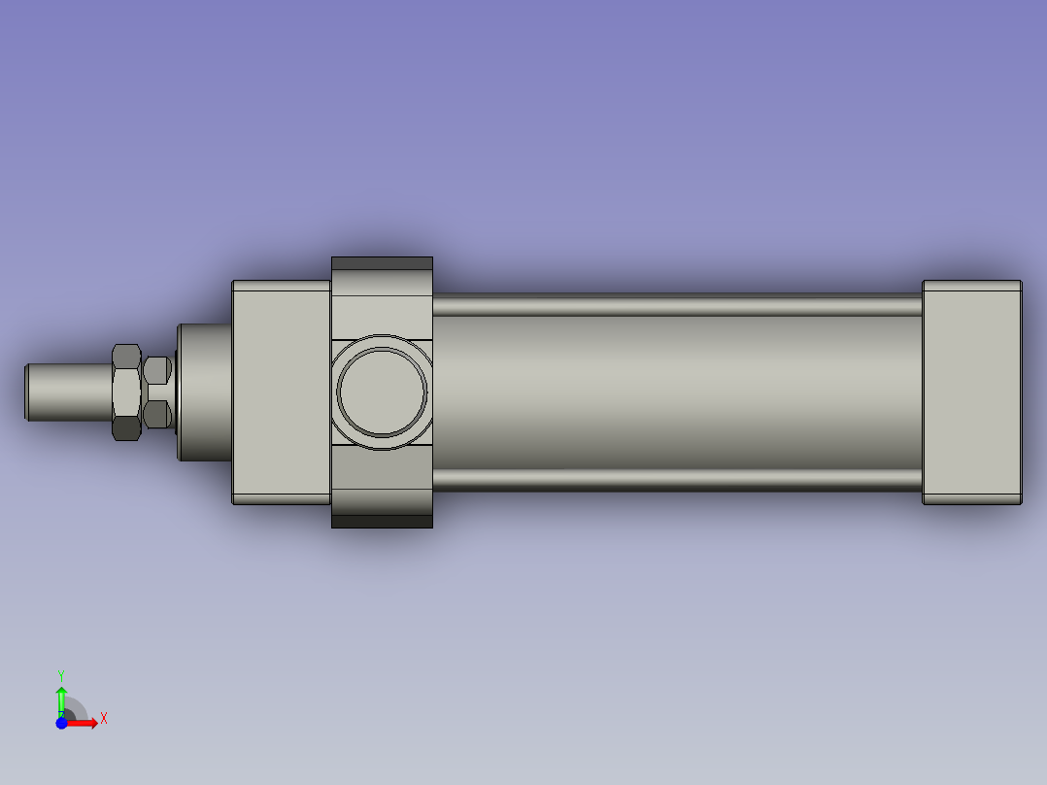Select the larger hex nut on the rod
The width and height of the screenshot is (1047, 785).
pyautogui.click(x=126, y=392)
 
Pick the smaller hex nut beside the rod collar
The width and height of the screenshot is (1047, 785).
pyautogui.click(x=157, y=392)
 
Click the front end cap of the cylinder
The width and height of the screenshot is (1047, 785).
pyautogui.click(x=281, y=392)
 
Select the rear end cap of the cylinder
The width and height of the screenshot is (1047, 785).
pyautogui.click(x=971, y=392)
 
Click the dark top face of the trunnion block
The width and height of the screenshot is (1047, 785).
pyautogui.click(x=382, y=263)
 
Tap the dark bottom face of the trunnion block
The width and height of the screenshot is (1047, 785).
pyautogui.click(x=382, y=522)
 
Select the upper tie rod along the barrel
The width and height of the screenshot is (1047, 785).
pyautogui.click(x=676, y=306)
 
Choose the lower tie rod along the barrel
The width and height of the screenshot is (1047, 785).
pyautogui.click(x=676, y=479)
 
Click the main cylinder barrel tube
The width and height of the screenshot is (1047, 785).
pyautogui.click(x=676, y=392)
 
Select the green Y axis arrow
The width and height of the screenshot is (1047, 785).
pyautogui.click(x=61, y=698)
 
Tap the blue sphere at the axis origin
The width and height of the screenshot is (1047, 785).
pyautogui.click(x=61, y=723)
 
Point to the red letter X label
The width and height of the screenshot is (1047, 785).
pyautogui.click(x=104, y=719)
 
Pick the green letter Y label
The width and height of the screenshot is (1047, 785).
pyautogui.click(x=61, y=674)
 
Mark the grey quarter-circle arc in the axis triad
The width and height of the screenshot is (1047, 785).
pyautogui.click(x=78, y=710)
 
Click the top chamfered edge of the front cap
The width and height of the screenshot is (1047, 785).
pyautogui.click(x=281, y=284)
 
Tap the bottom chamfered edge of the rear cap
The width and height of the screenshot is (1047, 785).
pyautogui.click(x=971, y=501)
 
